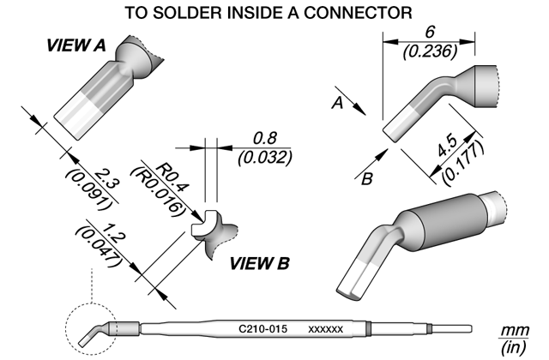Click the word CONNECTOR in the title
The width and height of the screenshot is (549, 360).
[358, 13]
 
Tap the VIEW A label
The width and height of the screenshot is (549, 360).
[76, 45]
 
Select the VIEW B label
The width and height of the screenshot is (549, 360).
[259, 263]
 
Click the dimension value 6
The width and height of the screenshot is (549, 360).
[430, 33]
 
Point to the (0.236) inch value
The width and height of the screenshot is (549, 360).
[430, 51]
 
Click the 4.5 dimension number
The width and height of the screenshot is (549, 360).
[449, 146]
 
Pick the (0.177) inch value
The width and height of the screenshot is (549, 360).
[463, 162]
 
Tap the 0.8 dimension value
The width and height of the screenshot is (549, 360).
[265, 139]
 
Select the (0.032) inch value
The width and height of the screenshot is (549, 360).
[265, 158]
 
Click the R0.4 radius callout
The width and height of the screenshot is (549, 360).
[172, 177]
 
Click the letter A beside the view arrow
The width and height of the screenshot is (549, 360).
[337, 103]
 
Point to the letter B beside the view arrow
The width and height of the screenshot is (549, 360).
[366, 179]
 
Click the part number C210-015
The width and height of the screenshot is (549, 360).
[263, 329]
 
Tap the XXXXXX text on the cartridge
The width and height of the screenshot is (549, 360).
[326, 329]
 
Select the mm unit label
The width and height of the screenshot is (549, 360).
[515, 330]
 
